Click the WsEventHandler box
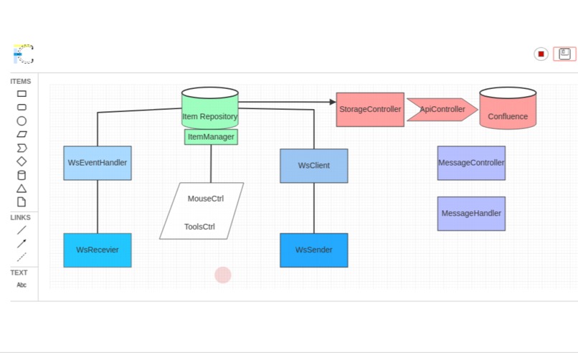point(98,163)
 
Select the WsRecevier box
point(98,250)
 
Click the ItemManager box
point(211,137)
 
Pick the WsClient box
point(313,166)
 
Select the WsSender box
point(313,250)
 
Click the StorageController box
point(370,110)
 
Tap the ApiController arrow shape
point(442,110)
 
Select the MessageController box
point(471,163)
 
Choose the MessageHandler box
point(471,214)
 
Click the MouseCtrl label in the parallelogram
point(206,199)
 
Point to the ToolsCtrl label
point(199,227)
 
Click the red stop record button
point(541,54)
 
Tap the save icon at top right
point(564,54)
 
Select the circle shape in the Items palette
point(22,121)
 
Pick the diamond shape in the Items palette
point(22,161)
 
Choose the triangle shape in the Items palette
point(22,189)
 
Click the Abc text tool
point(22,285)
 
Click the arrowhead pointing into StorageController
point(333,102)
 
